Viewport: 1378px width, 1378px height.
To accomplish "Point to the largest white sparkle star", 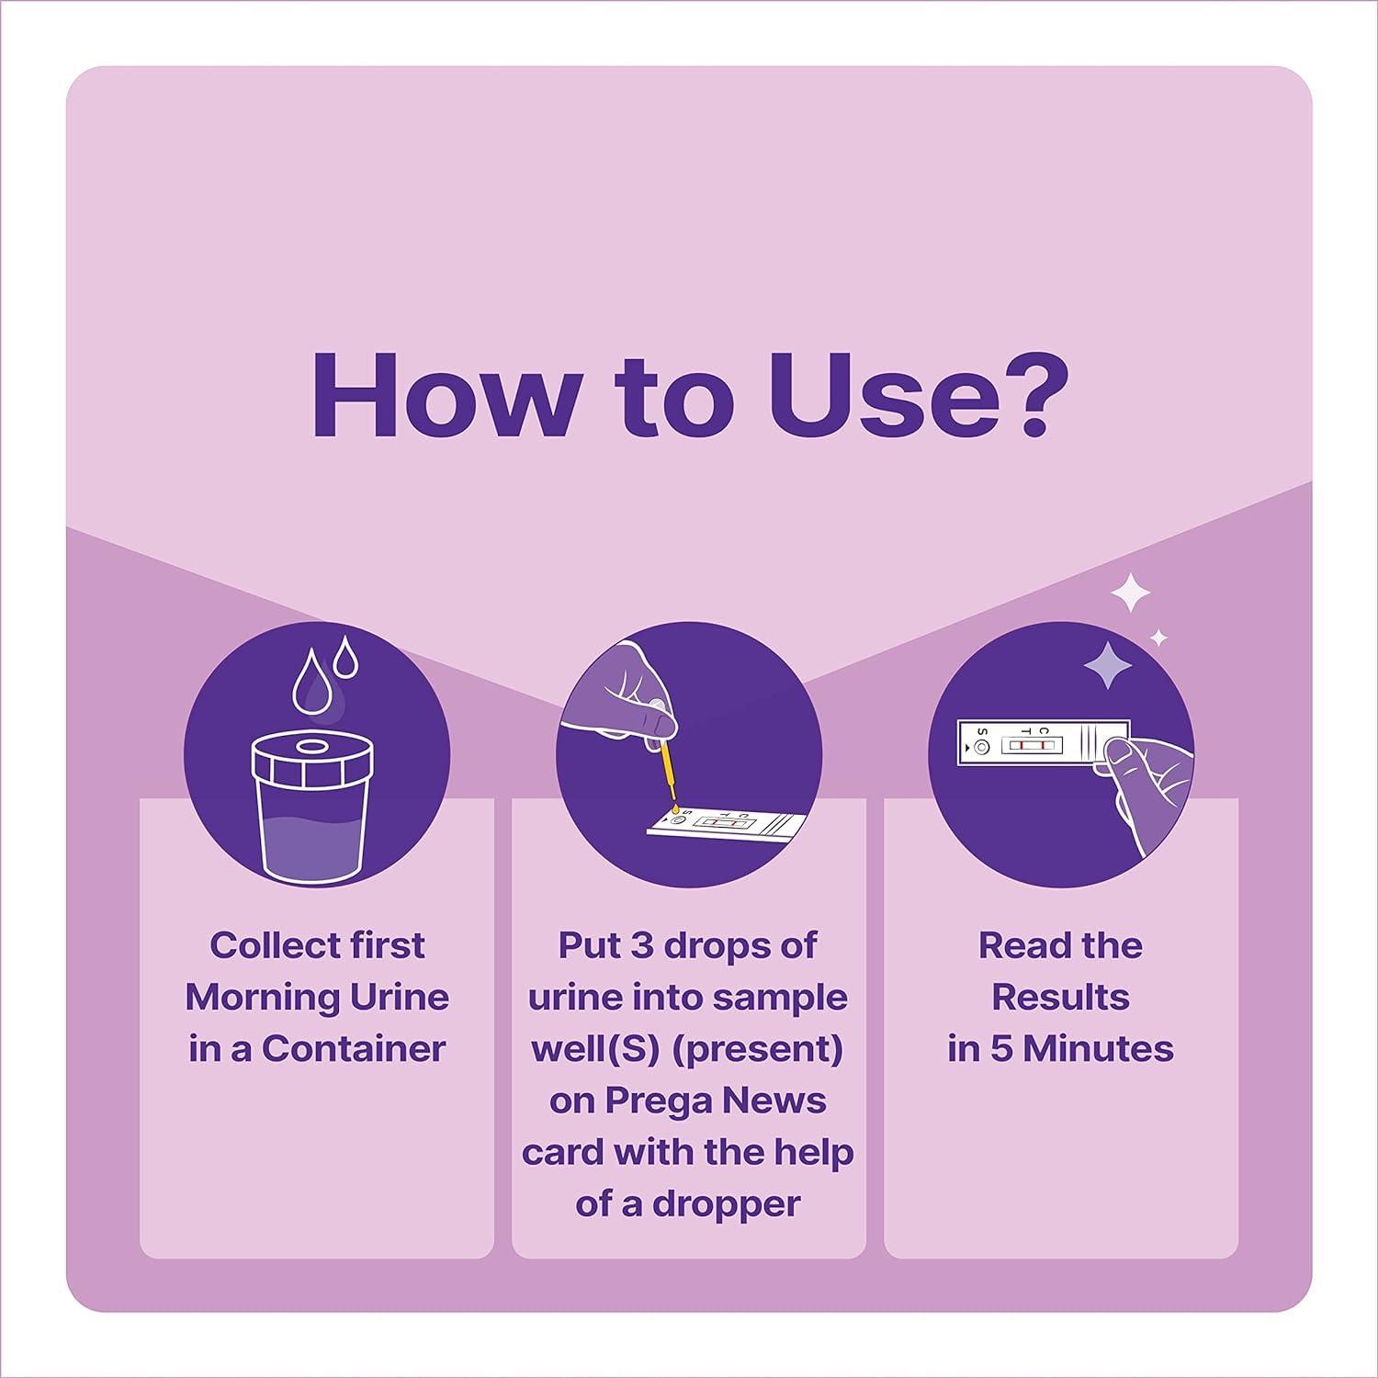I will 1131,593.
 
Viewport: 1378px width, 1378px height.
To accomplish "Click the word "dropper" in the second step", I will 727,1203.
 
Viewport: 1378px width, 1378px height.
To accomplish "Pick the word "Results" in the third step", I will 1060,997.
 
